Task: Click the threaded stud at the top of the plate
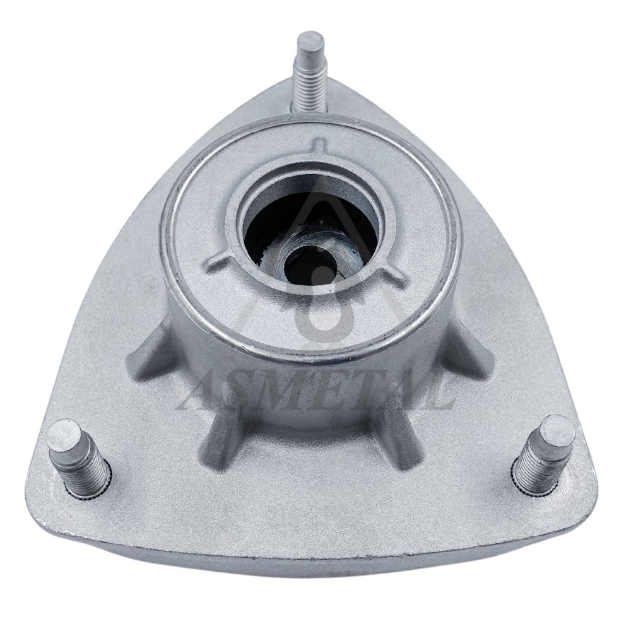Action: click(311, 74)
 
